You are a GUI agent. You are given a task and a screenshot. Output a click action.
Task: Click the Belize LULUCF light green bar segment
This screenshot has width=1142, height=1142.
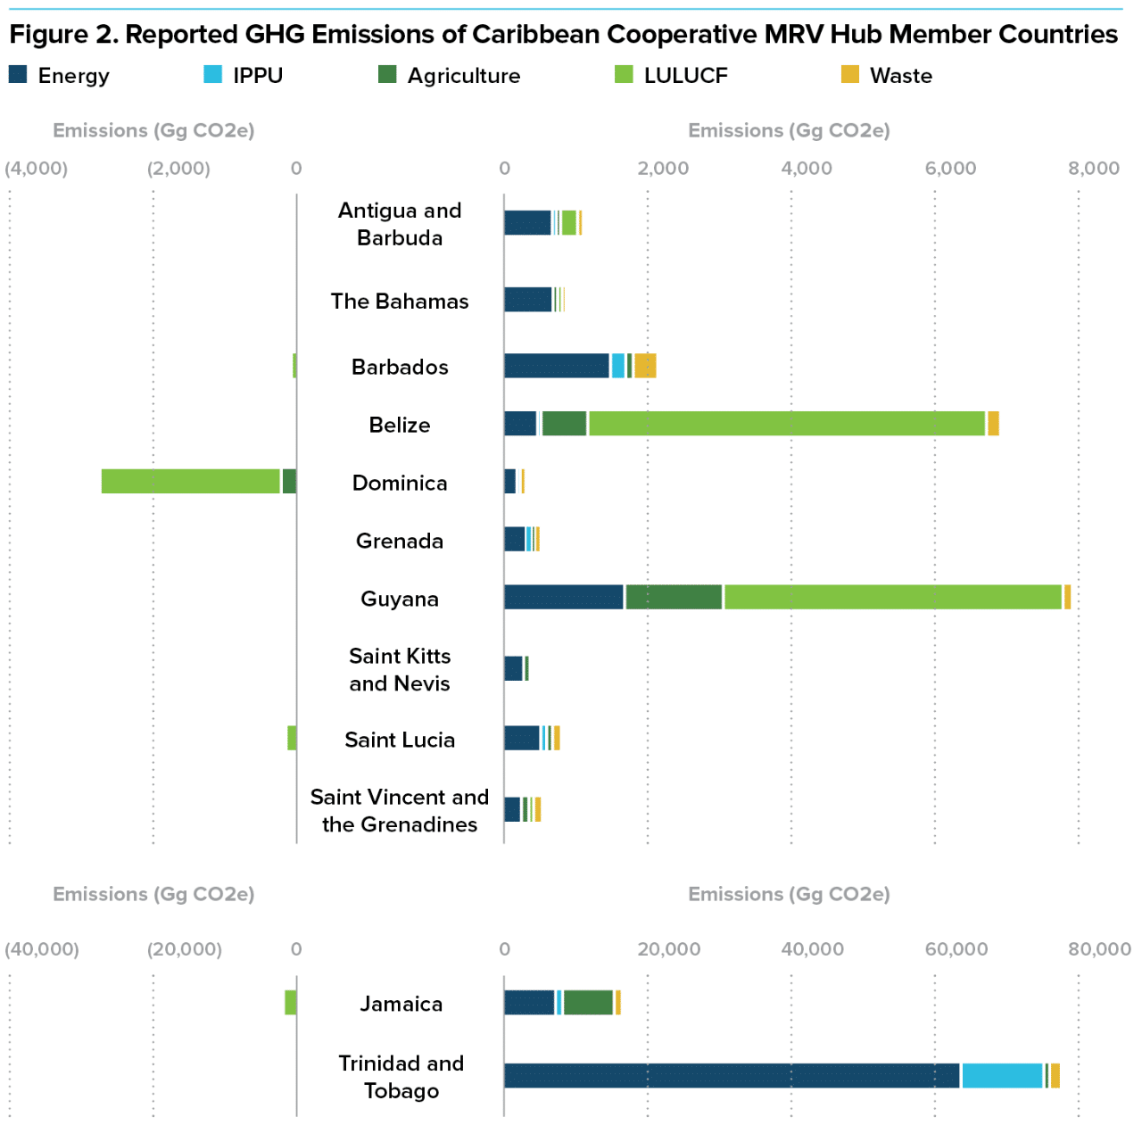pos(786,424)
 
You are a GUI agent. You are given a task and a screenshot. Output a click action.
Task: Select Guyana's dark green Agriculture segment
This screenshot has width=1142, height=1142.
pos(674,597)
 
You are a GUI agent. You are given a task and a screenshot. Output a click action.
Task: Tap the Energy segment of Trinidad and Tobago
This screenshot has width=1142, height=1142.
pos(732,1076)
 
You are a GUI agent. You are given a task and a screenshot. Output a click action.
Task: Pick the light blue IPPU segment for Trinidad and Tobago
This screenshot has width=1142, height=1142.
pos(1002,1076)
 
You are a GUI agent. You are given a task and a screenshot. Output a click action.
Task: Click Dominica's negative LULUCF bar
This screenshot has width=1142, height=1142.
pos(191,481)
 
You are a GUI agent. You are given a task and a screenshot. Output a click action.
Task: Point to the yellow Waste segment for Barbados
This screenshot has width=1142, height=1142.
pos(645,366)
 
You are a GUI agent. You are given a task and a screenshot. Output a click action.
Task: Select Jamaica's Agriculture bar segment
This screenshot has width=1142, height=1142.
pos(588,1003)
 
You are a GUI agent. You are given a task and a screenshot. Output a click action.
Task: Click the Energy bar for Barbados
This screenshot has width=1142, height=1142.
pos(557,366)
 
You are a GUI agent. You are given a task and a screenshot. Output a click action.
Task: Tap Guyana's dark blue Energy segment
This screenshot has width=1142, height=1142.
pos(564,597)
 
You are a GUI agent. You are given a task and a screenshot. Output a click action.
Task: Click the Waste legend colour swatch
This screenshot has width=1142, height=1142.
pos(849,74)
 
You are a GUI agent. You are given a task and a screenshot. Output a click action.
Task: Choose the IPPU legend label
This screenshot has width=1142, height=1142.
pos(258,76)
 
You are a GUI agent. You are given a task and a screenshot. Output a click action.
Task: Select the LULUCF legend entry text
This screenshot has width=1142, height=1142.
pos(685,76)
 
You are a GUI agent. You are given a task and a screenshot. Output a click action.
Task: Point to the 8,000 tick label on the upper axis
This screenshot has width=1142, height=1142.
pos(1093,169)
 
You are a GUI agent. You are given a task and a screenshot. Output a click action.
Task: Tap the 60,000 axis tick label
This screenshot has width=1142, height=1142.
pos(956,949)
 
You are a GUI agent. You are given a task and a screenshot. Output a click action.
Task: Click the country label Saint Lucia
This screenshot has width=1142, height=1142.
pos(400,740)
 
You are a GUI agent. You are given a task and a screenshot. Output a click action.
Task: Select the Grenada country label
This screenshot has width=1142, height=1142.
pos(400,541)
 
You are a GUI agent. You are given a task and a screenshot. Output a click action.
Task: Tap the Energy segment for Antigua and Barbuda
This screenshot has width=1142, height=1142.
pos(527,223)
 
